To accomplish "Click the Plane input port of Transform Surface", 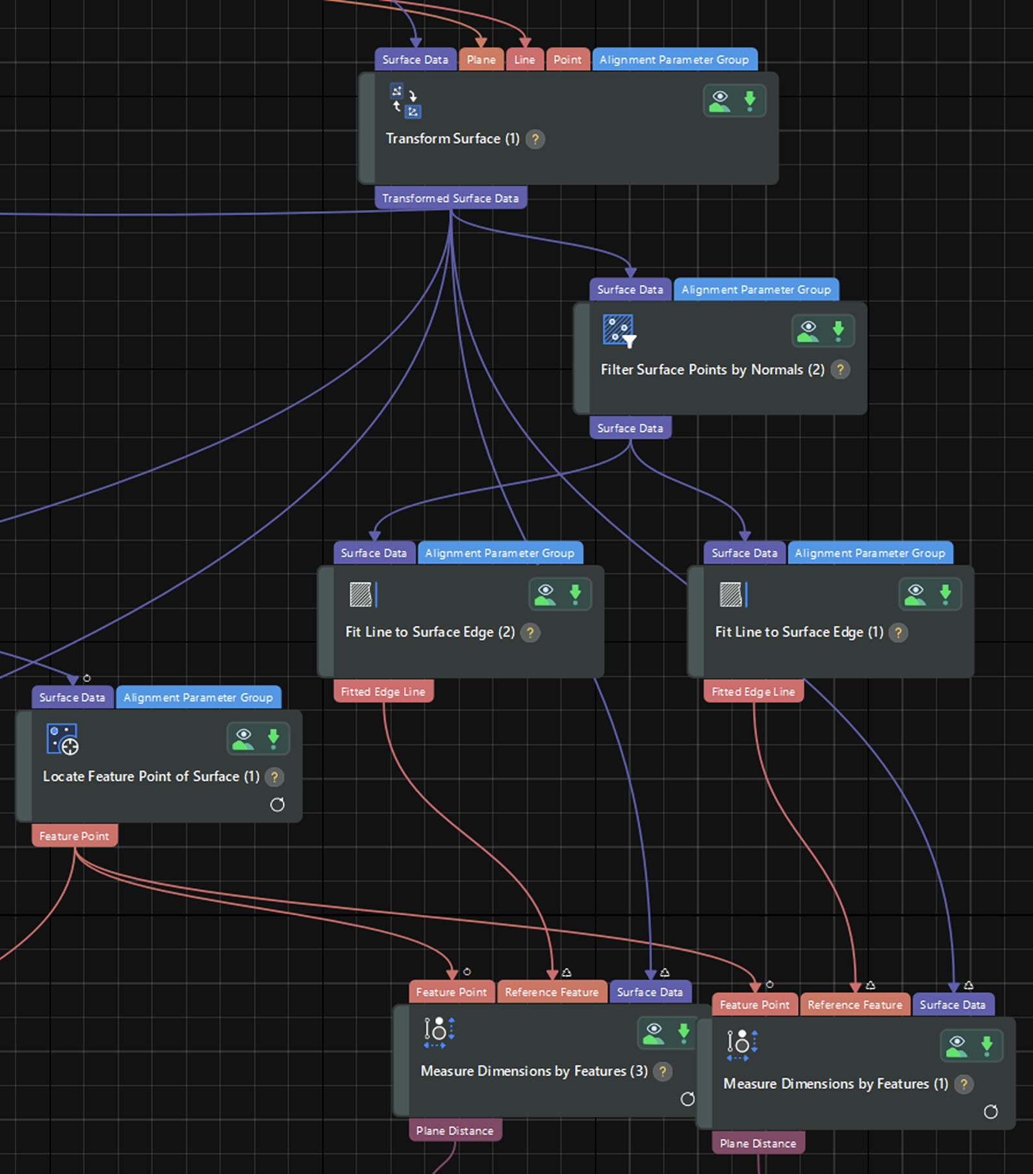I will (481, 60).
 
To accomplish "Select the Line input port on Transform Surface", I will (524, 60).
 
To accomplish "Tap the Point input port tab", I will (567, 60).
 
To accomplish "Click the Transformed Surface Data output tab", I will (450, 198).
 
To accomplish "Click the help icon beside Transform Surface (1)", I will (535, 139).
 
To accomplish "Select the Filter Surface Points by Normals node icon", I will (619, 330).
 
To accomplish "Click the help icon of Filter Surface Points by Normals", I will (840, 370).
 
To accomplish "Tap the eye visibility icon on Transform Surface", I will (720, 101).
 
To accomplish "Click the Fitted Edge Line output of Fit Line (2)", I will (383, 692).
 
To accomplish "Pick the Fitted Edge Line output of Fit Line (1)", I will (753, 692).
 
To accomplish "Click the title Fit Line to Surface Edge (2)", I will (429, 632).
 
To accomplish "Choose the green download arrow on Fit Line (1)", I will (945, 594).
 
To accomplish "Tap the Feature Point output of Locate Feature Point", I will (74, 836).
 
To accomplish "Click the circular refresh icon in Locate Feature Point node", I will (277, 805).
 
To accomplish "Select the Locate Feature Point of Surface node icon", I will (62, 739).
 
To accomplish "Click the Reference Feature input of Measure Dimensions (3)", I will (552, 992).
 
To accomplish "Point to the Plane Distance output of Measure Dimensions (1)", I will (758, 1143).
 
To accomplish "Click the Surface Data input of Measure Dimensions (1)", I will (952, 1005).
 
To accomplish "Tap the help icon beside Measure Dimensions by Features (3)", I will (663, 1071).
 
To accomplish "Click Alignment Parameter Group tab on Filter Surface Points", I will (756, 290).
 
